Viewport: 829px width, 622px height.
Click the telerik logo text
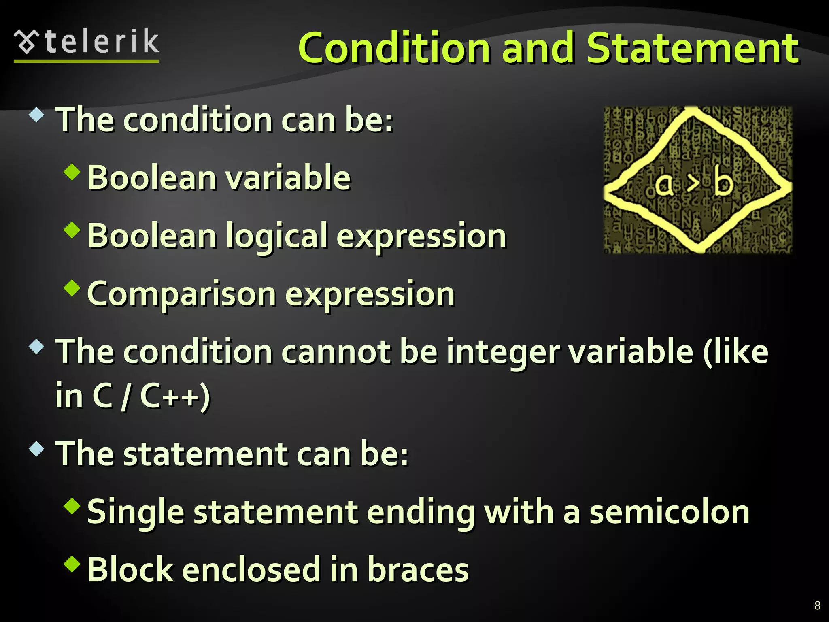coord(101,42)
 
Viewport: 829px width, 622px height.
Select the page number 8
coord(817,605)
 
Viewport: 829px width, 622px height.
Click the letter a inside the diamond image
coord(664,185)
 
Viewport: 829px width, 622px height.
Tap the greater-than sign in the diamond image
coord(693,185)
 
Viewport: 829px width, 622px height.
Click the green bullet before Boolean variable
coord(72,172)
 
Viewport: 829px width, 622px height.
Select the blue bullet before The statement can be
coord(36,448)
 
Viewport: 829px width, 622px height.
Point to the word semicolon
coord(669,512)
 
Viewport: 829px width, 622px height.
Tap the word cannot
coord(336,352)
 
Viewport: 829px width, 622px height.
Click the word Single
coord(136,512)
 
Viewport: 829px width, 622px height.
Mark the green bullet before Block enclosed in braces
coord(72,564)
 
